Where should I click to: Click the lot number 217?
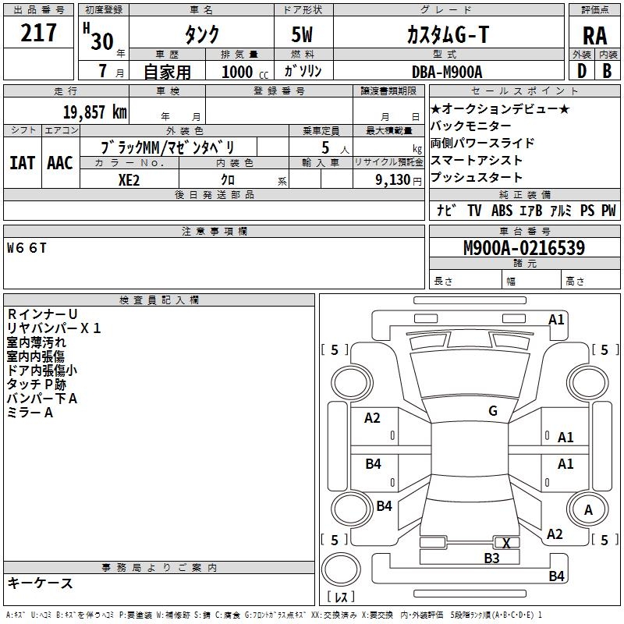40,33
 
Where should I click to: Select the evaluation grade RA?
594,35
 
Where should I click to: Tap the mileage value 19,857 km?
94,112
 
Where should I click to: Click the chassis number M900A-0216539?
524,249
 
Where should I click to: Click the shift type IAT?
22,163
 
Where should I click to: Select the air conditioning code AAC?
60,163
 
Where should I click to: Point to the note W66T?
27,249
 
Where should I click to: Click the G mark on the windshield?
492,411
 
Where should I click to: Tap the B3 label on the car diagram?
491,558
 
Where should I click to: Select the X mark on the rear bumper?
506,543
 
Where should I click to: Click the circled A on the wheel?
588,509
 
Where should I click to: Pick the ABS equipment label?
502,211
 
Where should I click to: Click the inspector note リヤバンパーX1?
54,328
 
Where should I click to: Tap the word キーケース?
40,583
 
